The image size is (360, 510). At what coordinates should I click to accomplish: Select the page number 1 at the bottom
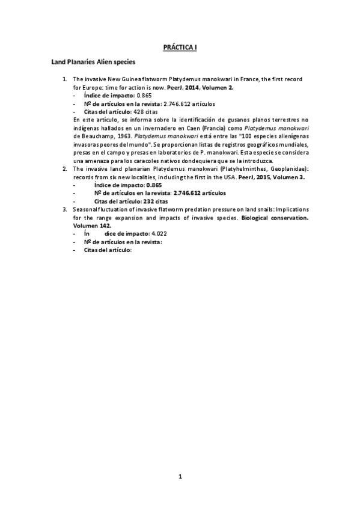180,476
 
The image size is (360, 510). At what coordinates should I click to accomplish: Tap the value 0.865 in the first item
144,95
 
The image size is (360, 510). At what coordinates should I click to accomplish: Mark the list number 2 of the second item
65,170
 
